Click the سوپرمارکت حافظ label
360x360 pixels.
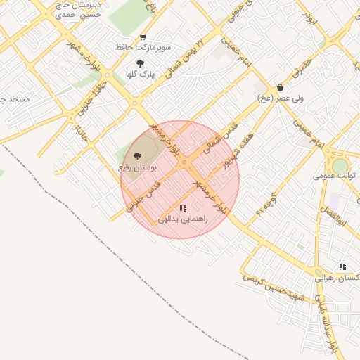pyautogui.click(x=144, y=48)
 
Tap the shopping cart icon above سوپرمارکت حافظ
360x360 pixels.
pyautogui.click(x=143, y=38)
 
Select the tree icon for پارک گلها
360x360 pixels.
pyautogui.click(x=140, y=63)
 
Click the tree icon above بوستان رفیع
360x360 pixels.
pyautogui.click(x=136, y=156)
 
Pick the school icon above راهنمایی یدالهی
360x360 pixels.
pyautogui.click(x=183, y=209)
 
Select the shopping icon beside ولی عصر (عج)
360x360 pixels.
pyautogui.click(x=281, y=88)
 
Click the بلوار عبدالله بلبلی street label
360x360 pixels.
pyautogui.click(x=326, y=325)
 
